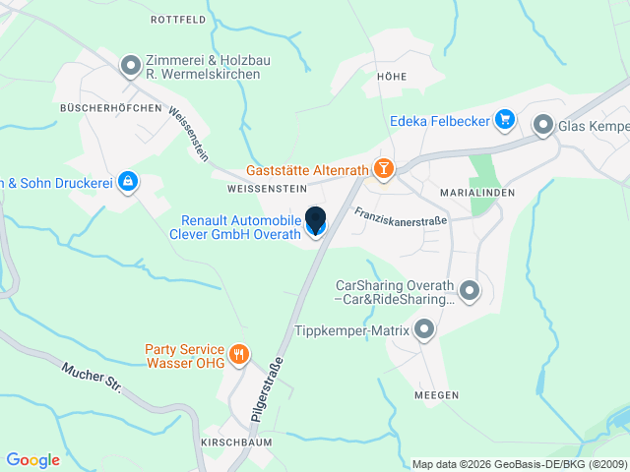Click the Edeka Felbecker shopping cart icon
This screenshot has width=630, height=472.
504,120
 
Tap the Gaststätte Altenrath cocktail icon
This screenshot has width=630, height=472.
383,170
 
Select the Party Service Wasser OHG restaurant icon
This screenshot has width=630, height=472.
237,354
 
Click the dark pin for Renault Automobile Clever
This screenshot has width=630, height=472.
316,222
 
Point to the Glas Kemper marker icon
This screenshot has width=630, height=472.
542,125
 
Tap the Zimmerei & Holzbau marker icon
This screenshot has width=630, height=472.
130,66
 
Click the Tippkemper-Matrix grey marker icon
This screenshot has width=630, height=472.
424,330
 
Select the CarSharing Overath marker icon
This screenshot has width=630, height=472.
470,289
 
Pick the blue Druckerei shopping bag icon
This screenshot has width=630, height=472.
127,181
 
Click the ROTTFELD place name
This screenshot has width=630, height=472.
177,19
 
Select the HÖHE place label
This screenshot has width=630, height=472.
391,76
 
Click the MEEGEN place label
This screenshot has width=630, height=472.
438,394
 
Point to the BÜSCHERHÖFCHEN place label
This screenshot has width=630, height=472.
110,107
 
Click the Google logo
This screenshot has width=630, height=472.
32,459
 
